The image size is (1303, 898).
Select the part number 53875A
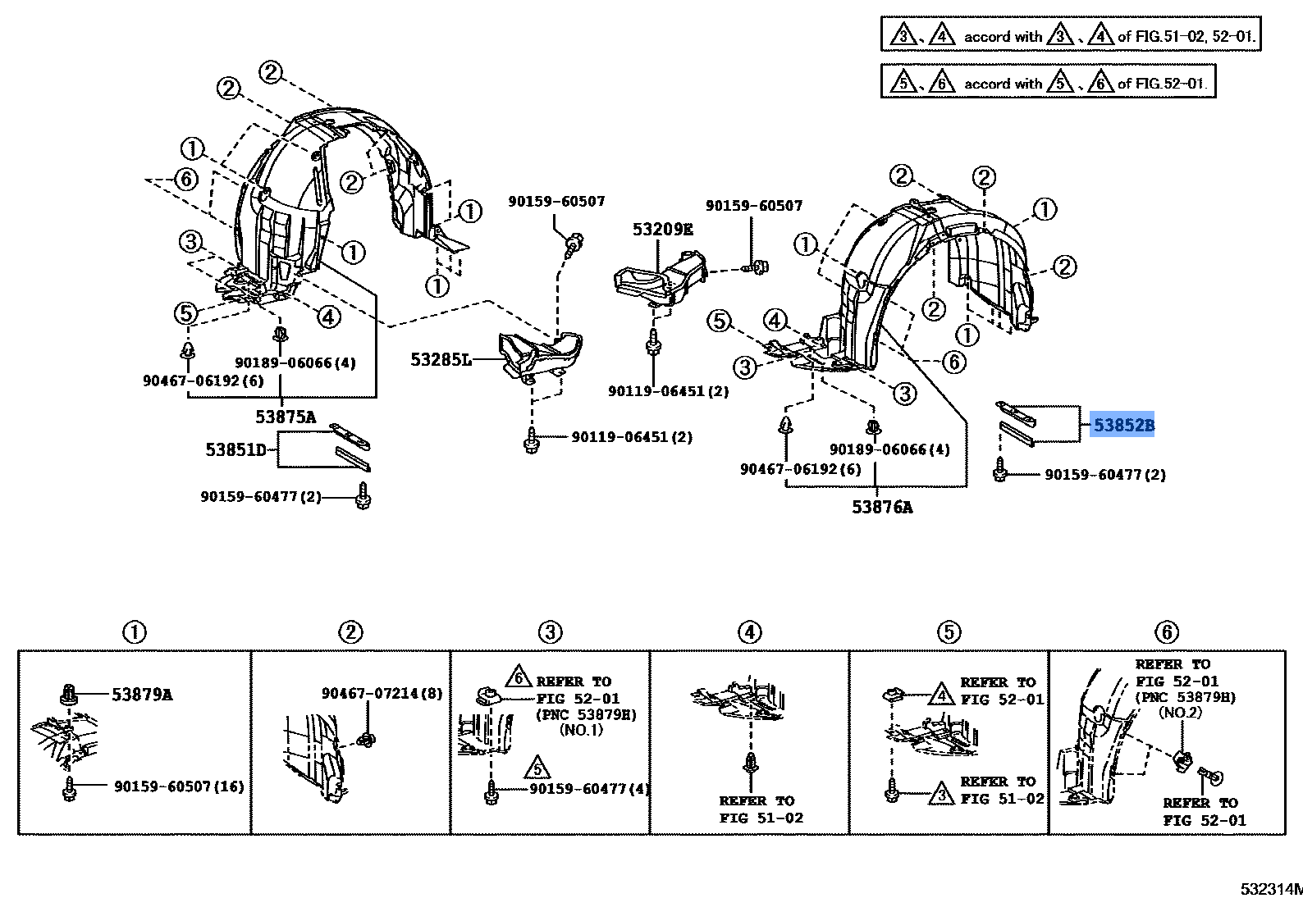click(286, 417)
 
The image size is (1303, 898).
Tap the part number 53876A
click(882, 508)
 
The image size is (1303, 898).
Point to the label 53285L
click(441, 360)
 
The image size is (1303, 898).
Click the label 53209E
click(663, 229)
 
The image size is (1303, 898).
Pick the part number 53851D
click(235, 449)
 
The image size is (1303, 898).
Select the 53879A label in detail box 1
click(142, 695)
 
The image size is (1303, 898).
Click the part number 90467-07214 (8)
click(382, 694)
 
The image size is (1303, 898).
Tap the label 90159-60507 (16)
click(179, 786)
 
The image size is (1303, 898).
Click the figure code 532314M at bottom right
click(1272, 889)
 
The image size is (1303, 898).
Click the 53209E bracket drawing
click(661, 279)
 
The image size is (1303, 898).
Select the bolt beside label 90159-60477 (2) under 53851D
click(363, 496)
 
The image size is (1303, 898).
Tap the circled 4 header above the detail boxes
click(749, 631)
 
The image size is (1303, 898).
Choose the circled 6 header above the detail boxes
click(1166, 631)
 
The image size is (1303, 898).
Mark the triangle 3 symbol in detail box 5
click(942, 794)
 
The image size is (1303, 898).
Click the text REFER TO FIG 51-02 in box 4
click(761, 809)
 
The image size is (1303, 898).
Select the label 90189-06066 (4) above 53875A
click(295, 363)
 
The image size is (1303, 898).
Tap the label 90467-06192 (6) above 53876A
click(800, 469)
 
